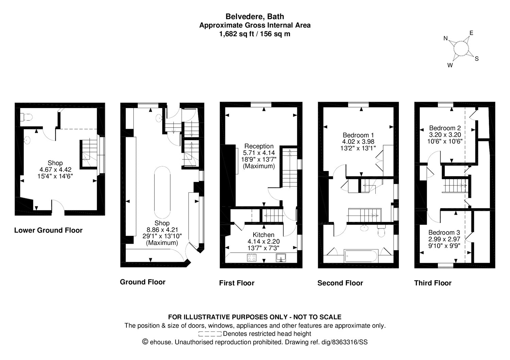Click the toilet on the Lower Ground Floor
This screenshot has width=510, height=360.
click(x=27, y=117)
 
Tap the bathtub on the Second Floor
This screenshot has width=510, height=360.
click(x=361, y=256)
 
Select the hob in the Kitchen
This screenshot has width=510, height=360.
click(x=252, y=258)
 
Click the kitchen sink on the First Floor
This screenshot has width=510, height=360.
click(x=281, y=258)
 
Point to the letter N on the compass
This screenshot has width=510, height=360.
click(x=445, y=38)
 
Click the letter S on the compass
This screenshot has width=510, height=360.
click(x=477, y=59)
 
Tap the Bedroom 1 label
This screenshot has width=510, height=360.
click(x=358, y=135)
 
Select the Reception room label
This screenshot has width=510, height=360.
click(x=259, y=146)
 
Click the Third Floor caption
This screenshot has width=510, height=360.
click(x=432, y=283)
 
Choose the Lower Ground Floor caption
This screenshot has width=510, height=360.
click(x=48, y=230)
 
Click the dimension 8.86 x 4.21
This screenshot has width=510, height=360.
click(x=162, y=229)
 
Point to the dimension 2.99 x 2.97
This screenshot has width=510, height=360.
click(x=444, y=239)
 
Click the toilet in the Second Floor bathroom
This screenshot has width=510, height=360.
click(x=381, y=231)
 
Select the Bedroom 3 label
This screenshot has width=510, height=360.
click(x=444, y=233)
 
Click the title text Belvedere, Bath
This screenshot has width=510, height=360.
click(x=255, y=17)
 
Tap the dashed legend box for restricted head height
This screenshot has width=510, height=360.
click(x=210, y=334)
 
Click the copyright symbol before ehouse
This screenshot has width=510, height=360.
click(x=145, y=342)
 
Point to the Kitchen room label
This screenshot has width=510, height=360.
click(x=263, y=235)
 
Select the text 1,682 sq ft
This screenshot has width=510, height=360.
click(x=236, y=34)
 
